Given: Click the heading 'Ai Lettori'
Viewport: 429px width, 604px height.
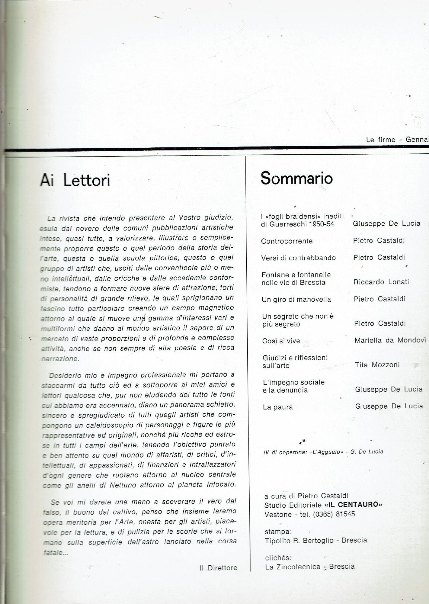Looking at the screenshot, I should coord(75,180).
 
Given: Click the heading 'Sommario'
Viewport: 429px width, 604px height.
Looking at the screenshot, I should coord(296,178).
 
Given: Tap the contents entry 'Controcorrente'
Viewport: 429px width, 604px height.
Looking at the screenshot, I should coord(287,241).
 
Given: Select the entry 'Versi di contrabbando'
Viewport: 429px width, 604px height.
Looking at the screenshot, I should coord(299,258).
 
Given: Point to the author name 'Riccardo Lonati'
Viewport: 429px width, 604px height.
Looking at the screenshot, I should coord(381,282).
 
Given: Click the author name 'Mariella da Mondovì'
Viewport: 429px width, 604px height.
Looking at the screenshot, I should coord(390,340).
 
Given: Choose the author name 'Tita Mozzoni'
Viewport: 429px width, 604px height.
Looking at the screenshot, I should coord(377,365).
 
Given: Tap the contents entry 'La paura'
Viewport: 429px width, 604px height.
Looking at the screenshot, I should coord(278,407).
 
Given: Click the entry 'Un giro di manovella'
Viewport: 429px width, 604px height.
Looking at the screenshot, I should coord(296,299).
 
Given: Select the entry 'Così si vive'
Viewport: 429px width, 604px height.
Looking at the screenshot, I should coord(281,341).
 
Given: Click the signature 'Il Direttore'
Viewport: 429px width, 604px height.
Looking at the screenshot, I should coord(218,568).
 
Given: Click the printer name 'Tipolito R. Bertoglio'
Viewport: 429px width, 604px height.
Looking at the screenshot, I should coord(301,540).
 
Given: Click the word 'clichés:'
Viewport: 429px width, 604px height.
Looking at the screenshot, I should coord(278,558).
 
